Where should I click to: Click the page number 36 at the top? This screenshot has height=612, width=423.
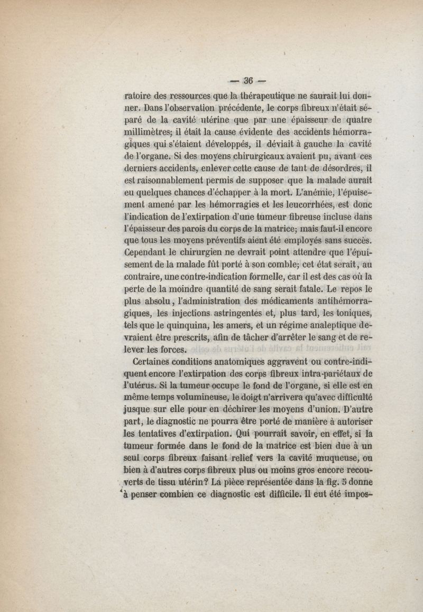coord(247,81)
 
